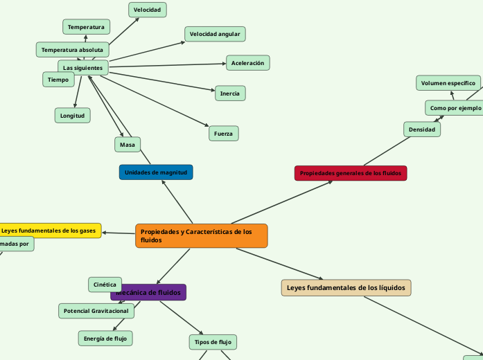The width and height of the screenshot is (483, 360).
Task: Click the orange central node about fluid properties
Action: point(201,235)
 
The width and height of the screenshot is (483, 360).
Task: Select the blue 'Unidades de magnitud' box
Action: point(156,172)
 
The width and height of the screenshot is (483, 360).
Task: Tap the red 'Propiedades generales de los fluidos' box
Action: point(350,173)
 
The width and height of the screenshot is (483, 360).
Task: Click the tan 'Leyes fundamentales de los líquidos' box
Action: point(346,287)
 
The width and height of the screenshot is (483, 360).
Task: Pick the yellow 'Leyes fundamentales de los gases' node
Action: point(49,230)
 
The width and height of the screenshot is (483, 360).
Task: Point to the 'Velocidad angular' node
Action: point(215,34)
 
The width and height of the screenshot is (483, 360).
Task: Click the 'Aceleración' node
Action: point(247,63)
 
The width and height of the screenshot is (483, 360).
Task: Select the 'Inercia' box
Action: point(229,93)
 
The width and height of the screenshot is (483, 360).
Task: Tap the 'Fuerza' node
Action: point(223,133)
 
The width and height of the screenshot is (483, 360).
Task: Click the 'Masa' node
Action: point(128,144)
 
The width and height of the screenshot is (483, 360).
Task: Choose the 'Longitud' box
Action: point(72,116)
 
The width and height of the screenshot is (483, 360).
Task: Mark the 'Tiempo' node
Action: point(58,80)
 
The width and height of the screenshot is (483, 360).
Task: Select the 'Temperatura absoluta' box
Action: point(72,50)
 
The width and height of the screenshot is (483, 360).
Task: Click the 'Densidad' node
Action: point(421,129)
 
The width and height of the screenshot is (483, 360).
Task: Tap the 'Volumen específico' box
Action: point(448,83)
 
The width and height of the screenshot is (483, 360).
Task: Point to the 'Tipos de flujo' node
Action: point(213,342)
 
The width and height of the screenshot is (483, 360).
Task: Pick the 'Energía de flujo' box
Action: point(105,338)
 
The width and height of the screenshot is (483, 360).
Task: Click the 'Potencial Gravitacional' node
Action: point(96,312)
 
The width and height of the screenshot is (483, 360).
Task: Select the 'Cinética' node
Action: point(105,285)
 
